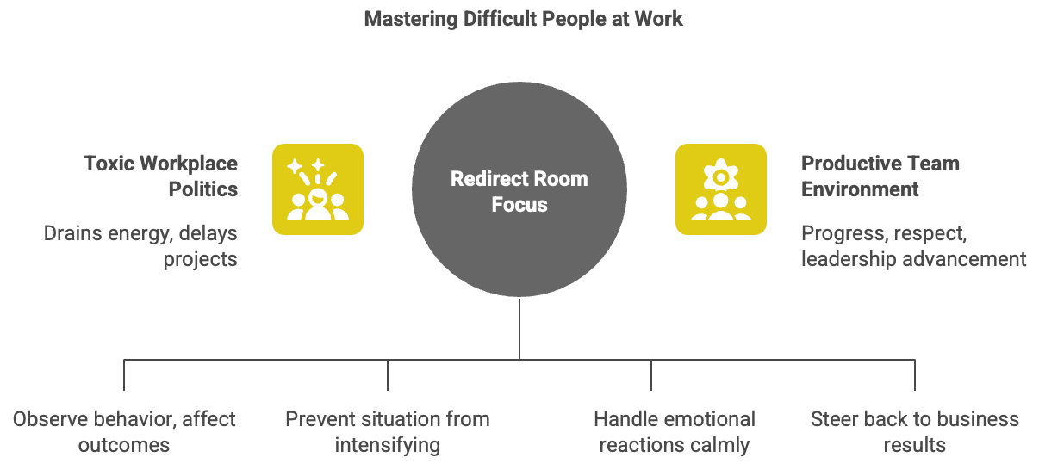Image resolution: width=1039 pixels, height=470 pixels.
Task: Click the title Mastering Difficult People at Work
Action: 523,19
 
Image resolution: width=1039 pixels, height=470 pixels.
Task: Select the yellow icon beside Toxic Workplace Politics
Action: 318,189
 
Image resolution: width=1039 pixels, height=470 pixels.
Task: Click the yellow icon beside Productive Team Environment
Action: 720,189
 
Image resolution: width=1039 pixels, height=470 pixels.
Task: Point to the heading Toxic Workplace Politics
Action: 161,176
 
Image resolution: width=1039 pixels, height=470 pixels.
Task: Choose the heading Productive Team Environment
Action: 880,176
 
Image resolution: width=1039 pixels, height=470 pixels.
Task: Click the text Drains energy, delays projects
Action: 140,245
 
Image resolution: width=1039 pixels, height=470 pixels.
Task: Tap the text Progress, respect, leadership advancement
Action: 913,245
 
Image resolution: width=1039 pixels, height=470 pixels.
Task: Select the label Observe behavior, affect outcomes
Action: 124,432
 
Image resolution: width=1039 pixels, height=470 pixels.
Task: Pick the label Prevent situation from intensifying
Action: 388,432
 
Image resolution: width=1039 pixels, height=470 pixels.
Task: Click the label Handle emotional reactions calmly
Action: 675,432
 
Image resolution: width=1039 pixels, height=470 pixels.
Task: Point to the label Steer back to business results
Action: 915,432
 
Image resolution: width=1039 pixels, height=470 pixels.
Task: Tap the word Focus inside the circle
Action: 519,205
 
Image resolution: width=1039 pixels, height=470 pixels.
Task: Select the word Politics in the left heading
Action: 202,189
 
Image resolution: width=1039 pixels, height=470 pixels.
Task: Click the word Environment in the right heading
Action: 860,189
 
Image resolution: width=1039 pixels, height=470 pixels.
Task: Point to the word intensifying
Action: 388,446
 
